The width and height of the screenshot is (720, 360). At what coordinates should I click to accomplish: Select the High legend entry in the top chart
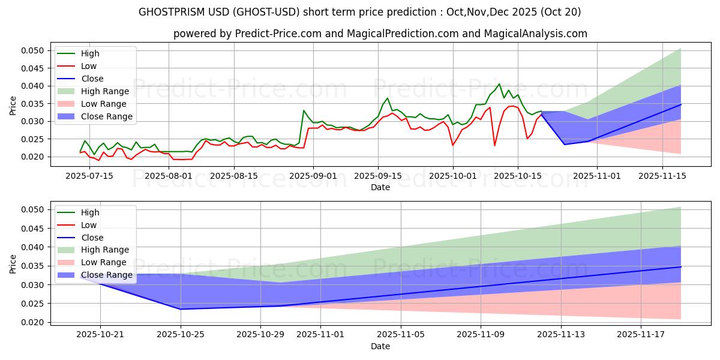tap(90, 54)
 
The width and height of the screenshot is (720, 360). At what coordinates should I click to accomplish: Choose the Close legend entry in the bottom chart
tap(92, 238)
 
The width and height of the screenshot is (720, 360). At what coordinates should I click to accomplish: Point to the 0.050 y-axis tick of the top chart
tap(34, 50)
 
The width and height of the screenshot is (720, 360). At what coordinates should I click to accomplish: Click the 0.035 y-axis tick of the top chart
tap(34, 104)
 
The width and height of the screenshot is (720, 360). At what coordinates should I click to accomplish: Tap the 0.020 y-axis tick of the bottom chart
tap(34, 322)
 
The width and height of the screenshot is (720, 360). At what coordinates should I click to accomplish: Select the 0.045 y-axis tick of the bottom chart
tap(34, 229)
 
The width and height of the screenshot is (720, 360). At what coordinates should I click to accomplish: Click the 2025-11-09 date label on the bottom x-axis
tap(481, 334)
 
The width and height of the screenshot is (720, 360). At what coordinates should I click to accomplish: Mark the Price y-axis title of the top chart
tap(13, 106)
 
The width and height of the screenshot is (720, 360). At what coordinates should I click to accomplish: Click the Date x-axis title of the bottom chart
tap(380, 346)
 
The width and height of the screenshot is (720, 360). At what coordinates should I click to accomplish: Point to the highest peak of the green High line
tap(499, 84)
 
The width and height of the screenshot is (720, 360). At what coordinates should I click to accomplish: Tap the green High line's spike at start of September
tap(304, 110)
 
